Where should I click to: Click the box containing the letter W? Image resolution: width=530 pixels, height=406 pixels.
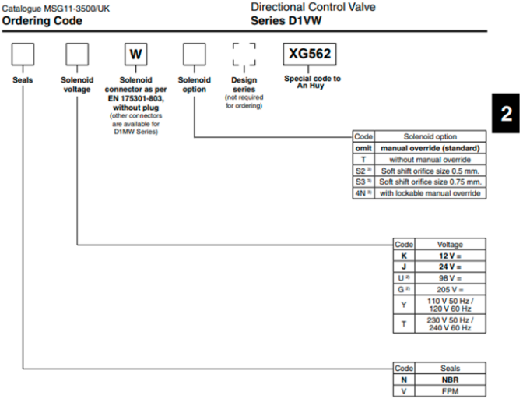coord(136,54)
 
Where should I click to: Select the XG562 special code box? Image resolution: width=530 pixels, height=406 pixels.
coord(310,54)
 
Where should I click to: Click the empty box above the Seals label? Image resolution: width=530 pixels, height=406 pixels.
coord(23,54)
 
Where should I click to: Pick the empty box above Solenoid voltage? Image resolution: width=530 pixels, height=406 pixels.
coord(77,54)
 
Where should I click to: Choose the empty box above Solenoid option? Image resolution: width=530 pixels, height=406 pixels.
coord(195,54)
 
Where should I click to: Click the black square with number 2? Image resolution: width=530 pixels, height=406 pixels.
coord(506,113)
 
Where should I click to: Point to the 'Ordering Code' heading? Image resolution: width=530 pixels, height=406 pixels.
coord(42,21)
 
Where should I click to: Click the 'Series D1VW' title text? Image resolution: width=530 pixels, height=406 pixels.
coord(286,21)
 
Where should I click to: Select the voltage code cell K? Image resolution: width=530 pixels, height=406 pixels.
coord(404,256)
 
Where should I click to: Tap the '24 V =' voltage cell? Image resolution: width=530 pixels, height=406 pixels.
coord(451,267)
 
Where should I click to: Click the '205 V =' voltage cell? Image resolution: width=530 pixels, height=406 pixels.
coord(451,290)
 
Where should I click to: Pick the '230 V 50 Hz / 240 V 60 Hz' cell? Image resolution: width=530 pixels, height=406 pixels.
coord(451,323)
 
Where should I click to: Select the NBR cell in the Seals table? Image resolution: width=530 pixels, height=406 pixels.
coord(451,380)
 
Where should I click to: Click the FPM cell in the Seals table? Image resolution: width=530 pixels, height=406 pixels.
coord(451,391)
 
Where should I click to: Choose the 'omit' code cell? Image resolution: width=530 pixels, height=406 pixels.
coord(363,148)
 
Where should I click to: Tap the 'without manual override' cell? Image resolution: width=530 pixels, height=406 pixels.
coord(430,159)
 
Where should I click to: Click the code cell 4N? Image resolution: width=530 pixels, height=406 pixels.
coord(363,193)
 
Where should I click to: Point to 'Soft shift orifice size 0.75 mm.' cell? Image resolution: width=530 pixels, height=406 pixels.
coord(430,182)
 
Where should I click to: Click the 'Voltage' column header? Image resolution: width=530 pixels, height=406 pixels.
coord(451,244)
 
